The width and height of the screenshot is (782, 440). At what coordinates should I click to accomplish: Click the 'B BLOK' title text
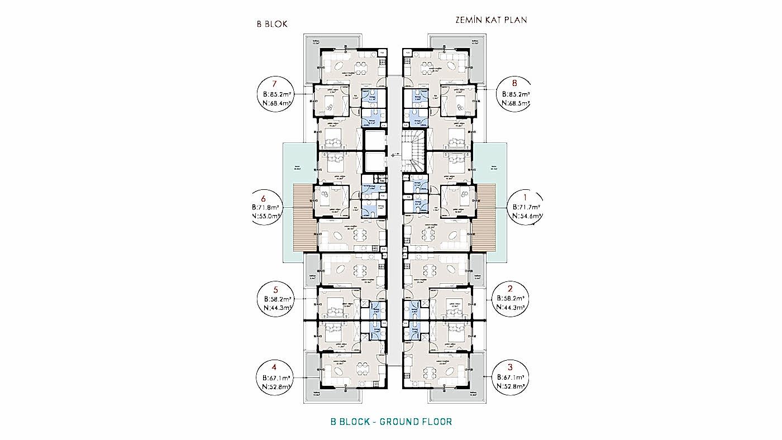coord(271,24)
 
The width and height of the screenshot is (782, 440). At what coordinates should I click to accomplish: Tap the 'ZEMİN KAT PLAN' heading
coord(491,20)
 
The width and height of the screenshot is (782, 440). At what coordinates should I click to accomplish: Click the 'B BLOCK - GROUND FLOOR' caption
coord(391,422)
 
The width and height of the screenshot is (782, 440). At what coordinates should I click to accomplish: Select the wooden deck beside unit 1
coord(484,218)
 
